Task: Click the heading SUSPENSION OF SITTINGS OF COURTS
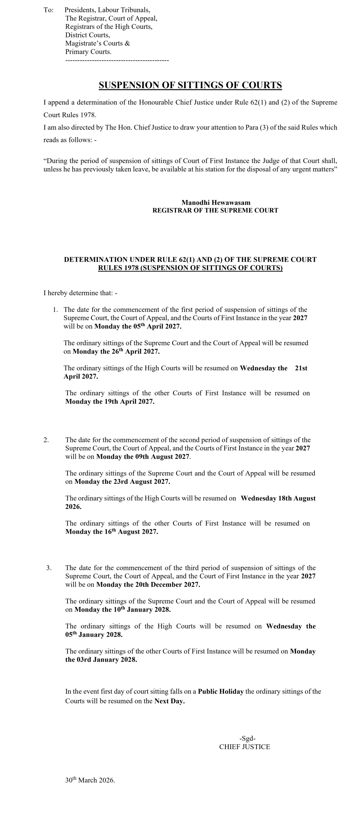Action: pos(190,85)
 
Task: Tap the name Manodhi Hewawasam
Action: pos(216,203)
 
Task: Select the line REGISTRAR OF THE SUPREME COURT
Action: pos(215,211)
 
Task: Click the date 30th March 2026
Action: pos(90,780)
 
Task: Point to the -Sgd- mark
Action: pos(247,738)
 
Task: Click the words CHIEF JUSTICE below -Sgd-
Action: pos(245,747)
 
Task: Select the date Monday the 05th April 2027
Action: pos(138,326)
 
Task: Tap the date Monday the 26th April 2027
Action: pos(116,351)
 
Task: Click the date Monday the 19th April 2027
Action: pos(110,402)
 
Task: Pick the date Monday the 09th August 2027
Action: pos(143,457)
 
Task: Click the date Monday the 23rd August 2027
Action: pos(122,482)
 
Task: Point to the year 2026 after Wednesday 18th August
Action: pos(73,507)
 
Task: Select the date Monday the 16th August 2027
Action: pos(112,532)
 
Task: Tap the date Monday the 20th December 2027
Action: pos(148,584)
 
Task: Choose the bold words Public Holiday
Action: pos(221,692)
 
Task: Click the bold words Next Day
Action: pos(169,701)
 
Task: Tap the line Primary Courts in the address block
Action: pos(88,52)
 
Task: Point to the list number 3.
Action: pos(49,568)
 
